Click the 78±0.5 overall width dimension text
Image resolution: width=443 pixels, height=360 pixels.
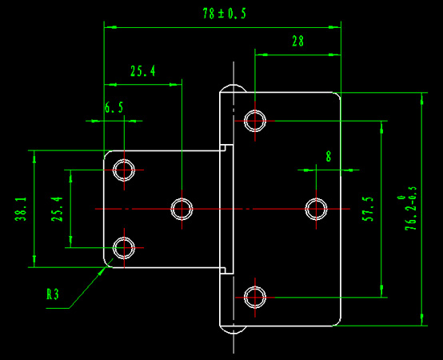[x=225, y=14]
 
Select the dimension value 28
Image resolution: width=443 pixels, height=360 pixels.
[x=297, y=42]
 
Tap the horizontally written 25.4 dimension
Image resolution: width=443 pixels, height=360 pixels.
[x=142, y=71]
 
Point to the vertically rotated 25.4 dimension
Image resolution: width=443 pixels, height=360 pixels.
[x=57, y=209]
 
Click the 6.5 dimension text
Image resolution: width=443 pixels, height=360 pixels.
[x=114, y=108]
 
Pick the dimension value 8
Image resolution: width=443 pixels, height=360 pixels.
[x=329, y=156]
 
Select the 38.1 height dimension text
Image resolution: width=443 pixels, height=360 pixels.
[x=21, y=209]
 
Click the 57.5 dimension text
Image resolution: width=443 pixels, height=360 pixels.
[x=368, y=209]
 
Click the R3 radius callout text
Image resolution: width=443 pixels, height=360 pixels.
[x=53, y=294]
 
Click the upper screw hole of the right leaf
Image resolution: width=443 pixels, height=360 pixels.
[x=255, y=121]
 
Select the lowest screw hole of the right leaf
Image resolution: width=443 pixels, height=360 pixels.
[x=255, y=298]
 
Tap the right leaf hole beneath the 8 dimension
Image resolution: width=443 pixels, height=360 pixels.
[x=316, y=209]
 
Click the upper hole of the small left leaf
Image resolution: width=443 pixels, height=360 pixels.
[x=124, y=170]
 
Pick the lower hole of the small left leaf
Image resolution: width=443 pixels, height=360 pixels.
[x=124, y=248]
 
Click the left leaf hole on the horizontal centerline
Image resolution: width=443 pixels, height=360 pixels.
[x=182, y=209]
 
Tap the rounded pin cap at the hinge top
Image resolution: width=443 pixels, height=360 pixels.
[x=233, y=86]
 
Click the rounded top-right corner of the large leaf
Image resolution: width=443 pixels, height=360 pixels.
[x=338, y=94]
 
